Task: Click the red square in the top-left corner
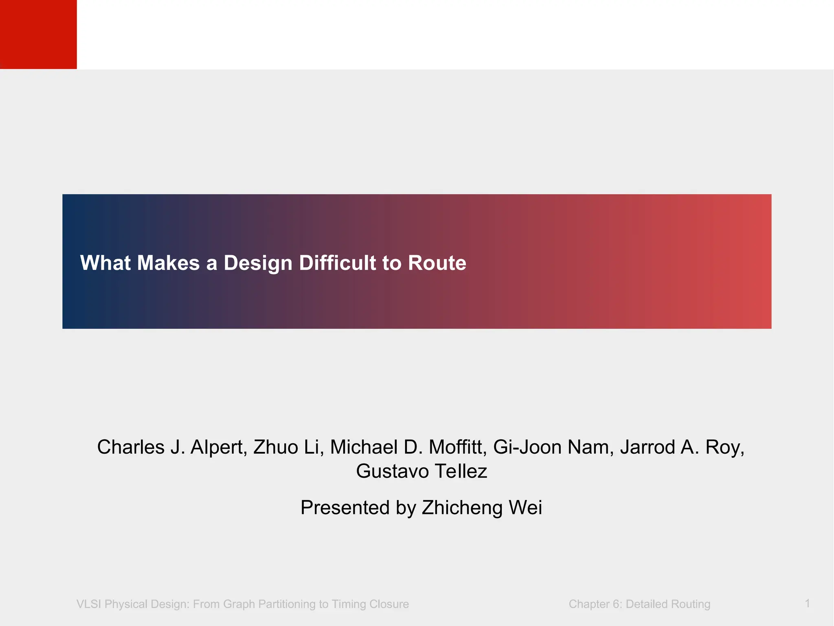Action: coord(38,34)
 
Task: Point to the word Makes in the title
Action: coord(168,263)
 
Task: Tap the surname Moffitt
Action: coord(458,447)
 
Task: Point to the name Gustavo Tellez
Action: coord(421,472)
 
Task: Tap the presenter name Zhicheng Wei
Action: coord(482,508)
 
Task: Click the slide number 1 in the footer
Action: coord(807,603)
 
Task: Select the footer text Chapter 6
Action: coord(595,604)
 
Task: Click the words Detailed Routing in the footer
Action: coord(668,604)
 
